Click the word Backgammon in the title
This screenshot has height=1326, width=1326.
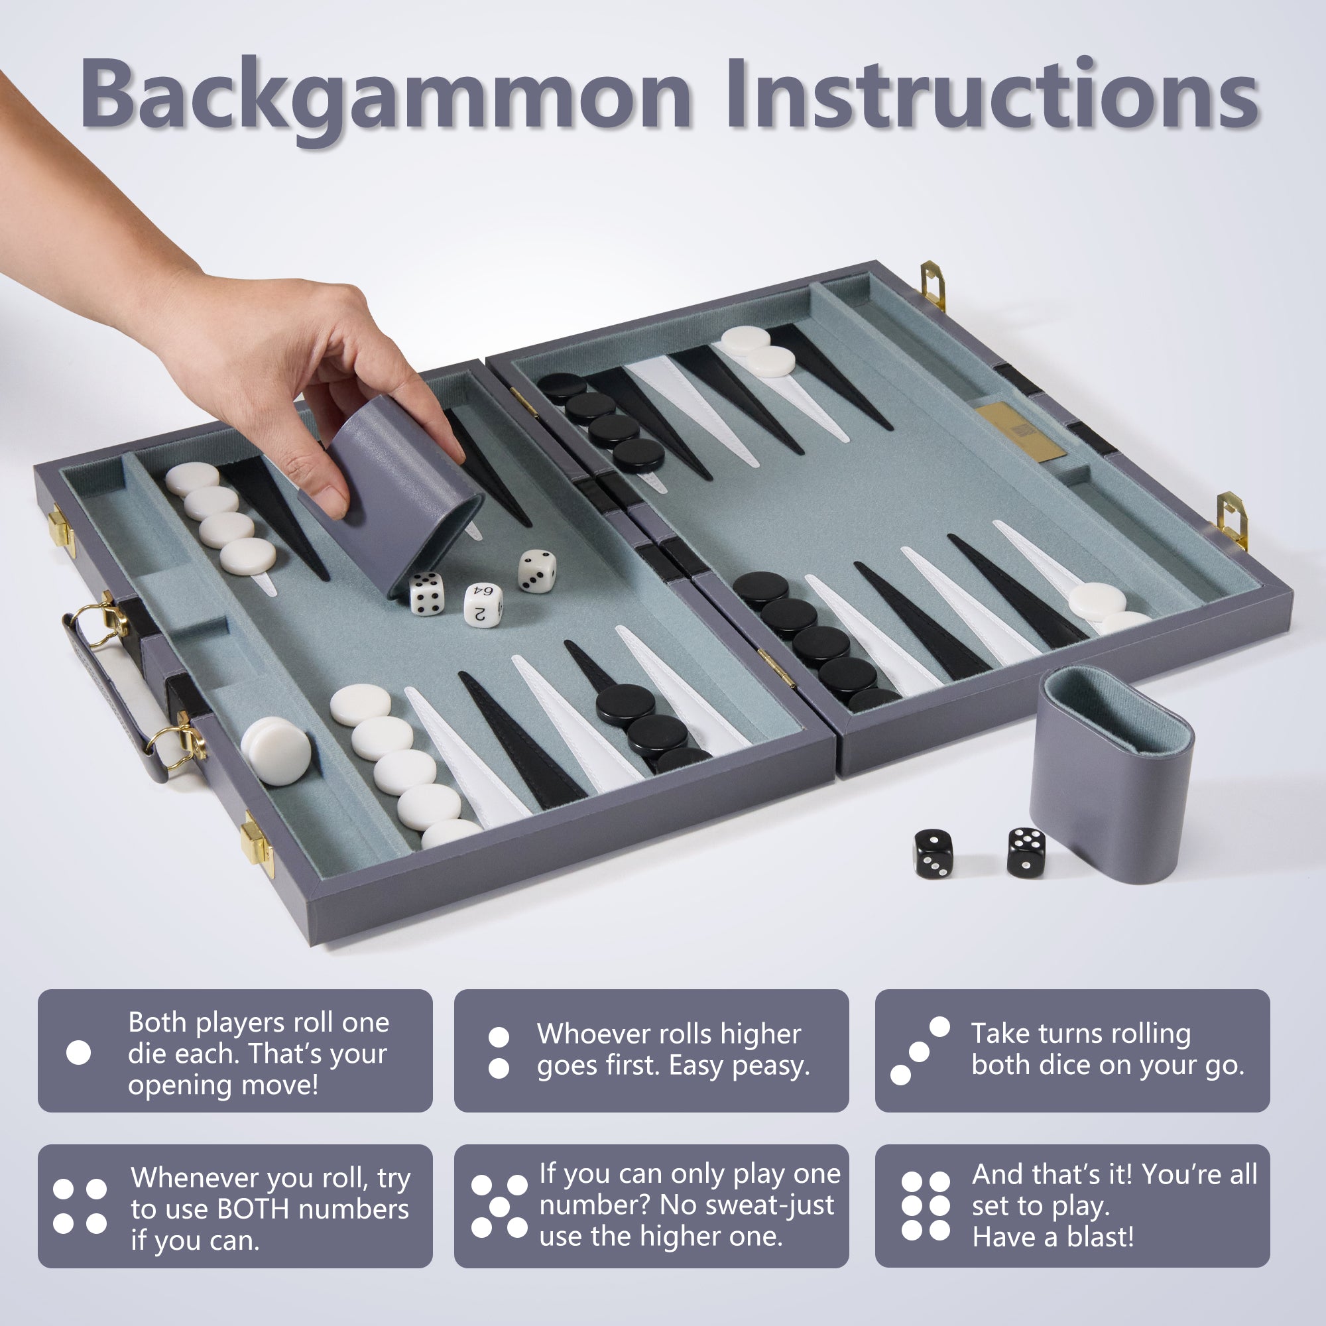(385, 95)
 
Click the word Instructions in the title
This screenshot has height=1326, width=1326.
(992, 94)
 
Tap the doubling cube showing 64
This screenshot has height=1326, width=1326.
(483, 603)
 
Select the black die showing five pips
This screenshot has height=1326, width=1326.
(1026, 852)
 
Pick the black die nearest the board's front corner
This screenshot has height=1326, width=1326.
(934, 853)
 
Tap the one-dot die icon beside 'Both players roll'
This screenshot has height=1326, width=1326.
(79, 1053)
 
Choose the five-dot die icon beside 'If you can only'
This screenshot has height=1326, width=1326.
(500, 1207)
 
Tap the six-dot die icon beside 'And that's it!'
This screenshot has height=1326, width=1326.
(925, 1206)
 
